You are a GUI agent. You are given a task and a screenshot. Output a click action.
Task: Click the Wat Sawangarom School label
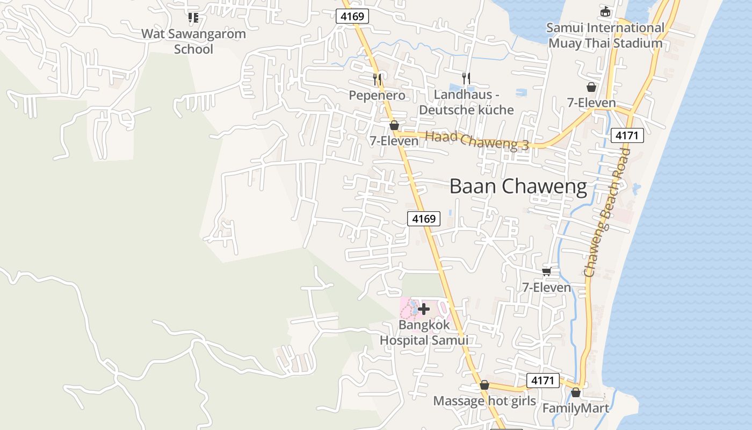tap(193, 41)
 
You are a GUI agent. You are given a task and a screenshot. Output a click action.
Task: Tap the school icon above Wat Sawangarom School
tap(193, 18)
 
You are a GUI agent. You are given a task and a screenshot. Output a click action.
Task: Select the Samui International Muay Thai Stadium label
tap(605, 35)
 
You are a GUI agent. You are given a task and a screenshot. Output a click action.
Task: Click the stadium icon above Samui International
tap(605, 11)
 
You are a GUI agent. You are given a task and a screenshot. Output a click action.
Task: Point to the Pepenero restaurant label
tap(377, 96)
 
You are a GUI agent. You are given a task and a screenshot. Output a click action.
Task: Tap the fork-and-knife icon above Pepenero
tap(377, 80)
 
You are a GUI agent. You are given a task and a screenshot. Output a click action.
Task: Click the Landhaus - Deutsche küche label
tap(466, 102)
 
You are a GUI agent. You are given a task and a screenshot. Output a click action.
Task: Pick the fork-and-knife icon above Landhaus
tap(466, 78)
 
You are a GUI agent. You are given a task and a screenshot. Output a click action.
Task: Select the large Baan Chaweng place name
tap(518, 187)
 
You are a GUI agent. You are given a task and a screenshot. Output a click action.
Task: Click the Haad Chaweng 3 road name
tap(477, 140)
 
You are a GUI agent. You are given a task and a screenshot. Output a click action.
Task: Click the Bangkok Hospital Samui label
tap(424, 333)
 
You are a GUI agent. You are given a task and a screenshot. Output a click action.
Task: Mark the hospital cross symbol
tap(424, 309)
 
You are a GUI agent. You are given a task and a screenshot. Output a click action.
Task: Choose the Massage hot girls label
tap(484, 401)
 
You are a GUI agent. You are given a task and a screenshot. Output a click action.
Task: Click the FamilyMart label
tap(576, 408)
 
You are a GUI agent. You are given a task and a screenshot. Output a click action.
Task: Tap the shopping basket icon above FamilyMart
tap(576, 393)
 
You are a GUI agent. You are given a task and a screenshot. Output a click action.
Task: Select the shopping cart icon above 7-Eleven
tap(547, 271)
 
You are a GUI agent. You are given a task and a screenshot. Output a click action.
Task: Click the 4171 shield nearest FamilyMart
tap(543, 381)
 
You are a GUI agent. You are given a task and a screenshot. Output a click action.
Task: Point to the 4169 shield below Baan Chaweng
tap(424, 219)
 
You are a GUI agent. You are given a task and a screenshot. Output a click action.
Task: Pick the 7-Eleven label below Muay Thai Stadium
tap(591, 102)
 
